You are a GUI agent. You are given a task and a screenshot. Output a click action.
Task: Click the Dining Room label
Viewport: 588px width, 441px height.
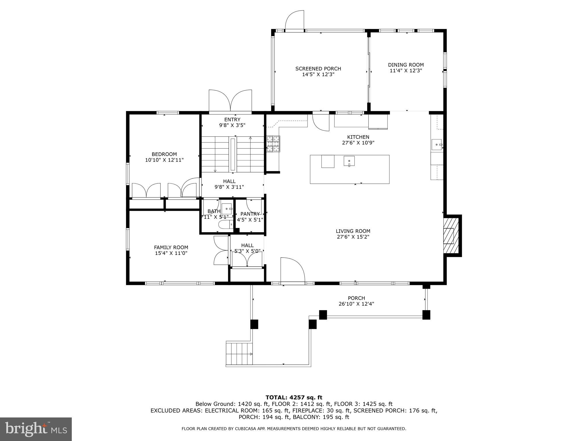(406, 65)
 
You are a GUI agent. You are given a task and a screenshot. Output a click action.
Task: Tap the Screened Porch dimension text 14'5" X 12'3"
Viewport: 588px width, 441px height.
(318, 74)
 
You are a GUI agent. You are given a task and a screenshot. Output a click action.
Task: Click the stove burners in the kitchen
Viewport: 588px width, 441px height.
(273, 144)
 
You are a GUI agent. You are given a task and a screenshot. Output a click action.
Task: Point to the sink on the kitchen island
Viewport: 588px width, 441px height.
(349, 161)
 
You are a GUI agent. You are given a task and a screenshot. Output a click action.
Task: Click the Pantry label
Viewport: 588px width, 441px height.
(250, 214)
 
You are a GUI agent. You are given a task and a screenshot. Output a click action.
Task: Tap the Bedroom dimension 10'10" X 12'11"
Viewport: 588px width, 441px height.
(164, 160)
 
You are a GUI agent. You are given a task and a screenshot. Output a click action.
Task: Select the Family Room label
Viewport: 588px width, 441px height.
(171, 247)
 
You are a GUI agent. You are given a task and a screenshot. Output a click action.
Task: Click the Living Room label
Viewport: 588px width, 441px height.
(353, 231)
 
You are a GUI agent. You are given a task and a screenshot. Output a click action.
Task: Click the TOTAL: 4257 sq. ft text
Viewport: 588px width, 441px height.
(294, 397)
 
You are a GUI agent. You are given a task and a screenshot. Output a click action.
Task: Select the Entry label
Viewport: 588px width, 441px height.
(232, 119)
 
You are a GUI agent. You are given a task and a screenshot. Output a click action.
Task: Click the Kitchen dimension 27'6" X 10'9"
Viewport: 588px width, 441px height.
(358, 143)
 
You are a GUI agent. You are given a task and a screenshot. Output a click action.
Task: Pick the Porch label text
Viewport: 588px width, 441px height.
(356, 298)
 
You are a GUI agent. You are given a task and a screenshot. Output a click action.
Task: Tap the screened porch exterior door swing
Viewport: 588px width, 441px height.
(295, 20)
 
